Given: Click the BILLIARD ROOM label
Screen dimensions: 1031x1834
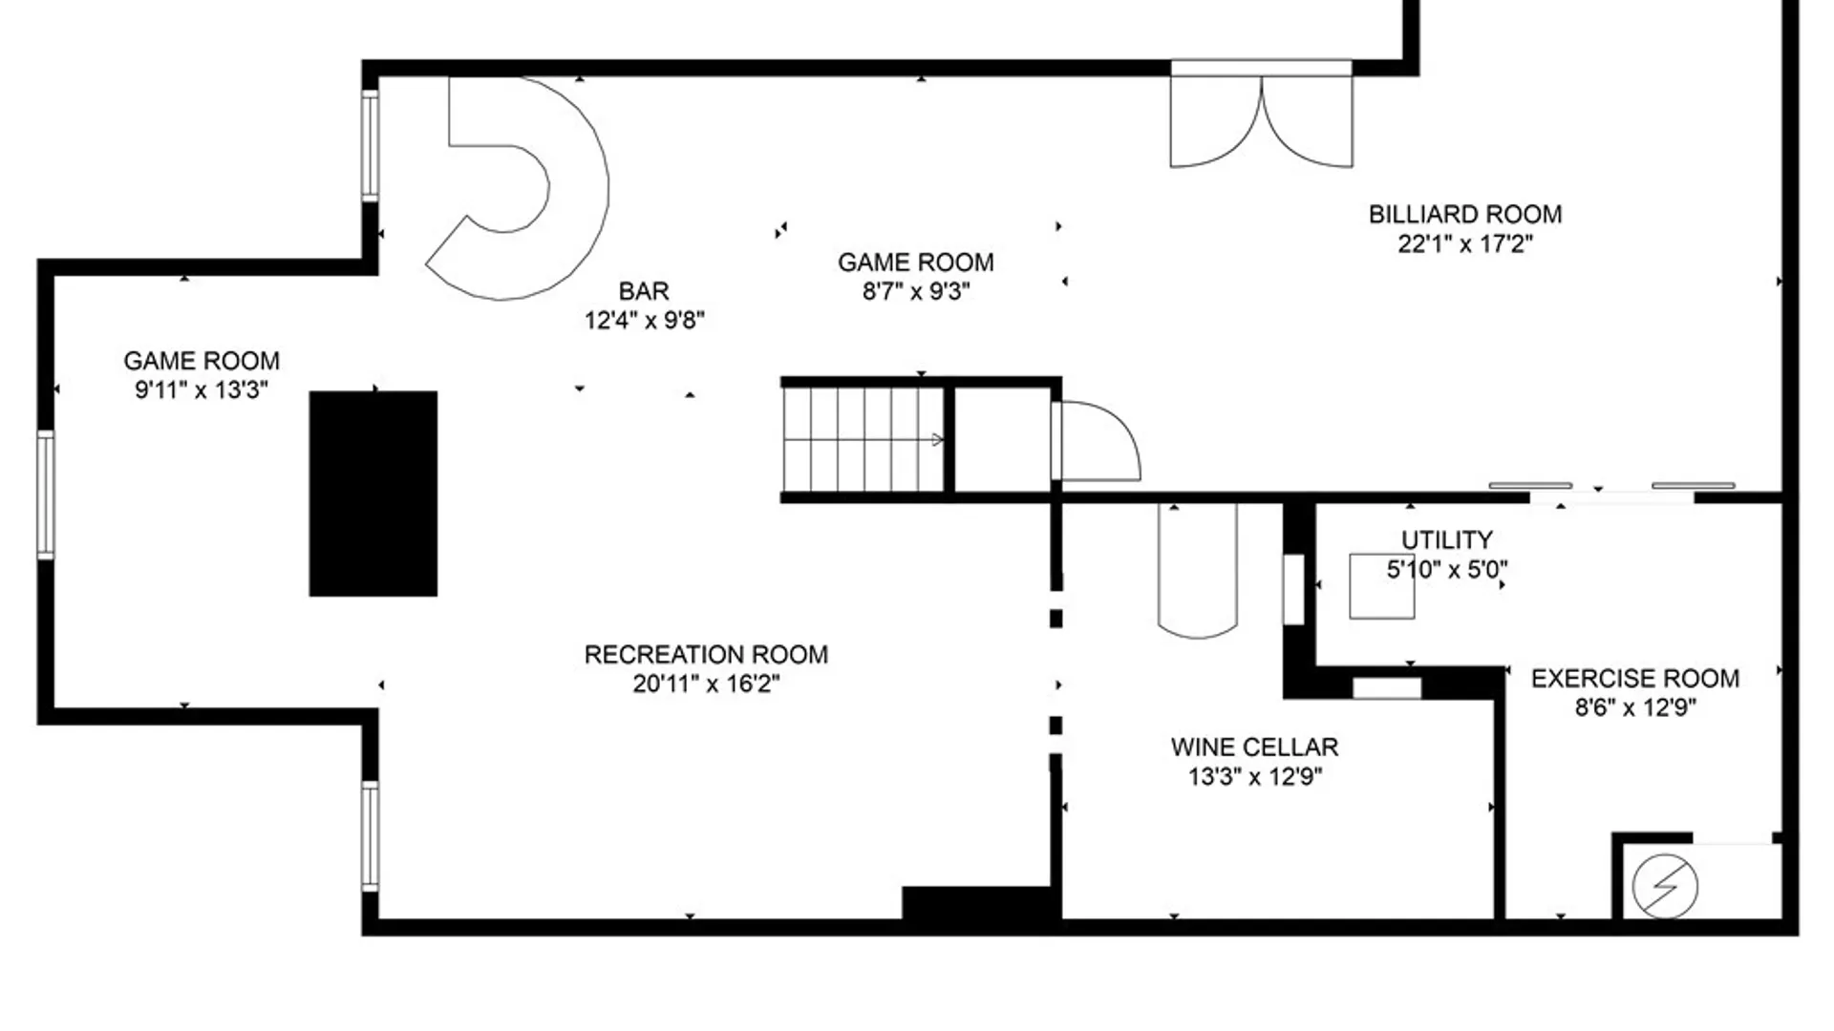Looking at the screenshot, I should [x=1464, y=214].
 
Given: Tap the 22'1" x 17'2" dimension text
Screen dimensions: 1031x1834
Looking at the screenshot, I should [x=1464, y=244].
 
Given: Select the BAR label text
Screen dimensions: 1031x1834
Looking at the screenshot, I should [x=644, y=290].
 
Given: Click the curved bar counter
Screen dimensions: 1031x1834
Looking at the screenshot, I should [x=573, y=191].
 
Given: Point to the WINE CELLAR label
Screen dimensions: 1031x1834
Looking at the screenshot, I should [x=1254, y=747].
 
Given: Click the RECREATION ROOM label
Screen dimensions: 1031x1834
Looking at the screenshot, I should [x=706, y=655].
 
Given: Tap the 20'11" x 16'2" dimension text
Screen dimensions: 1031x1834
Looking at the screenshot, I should [x=706, y=684].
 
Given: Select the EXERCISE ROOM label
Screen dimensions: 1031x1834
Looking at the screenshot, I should [x=1634, y=679].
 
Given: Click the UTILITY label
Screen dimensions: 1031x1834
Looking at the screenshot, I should [x=1446, y=540].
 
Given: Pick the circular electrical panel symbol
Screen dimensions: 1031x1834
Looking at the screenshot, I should [x=1665, y=887].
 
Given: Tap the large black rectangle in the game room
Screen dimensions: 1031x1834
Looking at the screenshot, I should [x=373, y=494].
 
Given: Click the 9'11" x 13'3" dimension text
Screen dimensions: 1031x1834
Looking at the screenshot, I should [x=201, y=390].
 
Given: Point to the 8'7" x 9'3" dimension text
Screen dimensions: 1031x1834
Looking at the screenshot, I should [x=915, y=292].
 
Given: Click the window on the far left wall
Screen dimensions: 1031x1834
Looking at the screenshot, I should [x=45, y=494].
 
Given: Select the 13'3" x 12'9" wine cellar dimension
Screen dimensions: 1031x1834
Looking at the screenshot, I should [x=1254, y=777].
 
